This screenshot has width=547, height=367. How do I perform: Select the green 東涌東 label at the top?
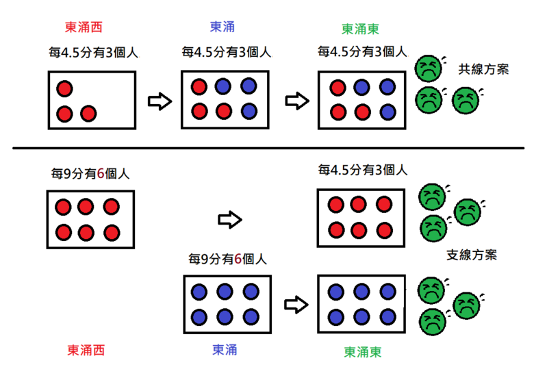point(361,29)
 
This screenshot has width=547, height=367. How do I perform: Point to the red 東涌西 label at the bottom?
point(86,350)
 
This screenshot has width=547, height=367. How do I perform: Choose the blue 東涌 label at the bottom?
point(223,349)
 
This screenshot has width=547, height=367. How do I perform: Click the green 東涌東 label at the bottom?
point(362,352)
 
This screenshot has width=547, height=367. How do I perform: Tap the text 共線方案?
point(484,69)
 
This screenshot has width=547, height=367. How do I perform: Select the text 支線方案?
point(472,255)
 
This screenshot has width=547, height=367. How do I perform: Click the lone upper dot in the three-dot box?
point(64,88)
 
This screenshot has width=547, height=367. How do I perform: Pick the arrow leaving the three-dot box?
point(159,102)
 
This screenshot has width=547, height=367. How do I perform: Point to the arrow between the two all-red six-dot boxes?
point(229,220)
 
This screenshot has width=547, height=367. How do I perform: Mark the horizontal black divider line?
point(267,148)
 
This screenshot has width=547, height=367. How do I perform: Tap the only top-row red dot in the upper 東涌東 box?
point(338,88)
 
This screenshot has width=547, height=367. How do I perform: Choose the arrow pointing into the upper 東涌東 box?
point(296,101)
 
